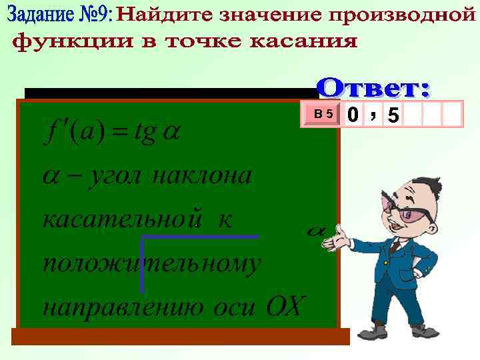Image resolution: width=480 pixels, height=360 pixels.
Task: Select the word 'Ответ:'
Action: click(373, 87)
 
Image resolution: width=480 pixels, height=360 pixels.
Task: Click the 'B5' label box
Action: click(325, 114)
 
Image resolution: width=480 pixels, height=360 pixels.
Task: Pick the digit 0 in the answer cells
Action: click(352, 115)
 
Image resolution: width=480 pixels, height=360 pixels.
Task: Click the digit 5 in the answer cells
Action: click(393, 115)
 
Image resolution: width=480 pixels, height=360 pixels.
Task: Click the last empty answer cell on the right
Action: click(453, 114)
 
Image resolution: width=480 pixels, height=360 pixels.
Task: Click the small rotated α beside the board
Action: click(315, 231)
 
